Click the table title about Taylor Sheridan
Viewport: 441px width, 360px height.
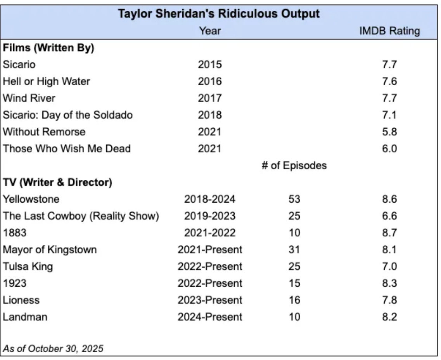coord(219,14)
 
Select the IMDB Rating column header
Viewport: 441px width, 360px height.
coord(389,31)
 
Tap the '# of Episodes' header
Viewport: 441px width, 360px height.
coord(294,166)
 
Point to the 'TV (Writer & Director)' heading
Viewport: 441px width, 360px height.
coord(57,183)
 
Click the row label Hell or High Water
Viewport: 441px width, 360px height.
coord(46,81)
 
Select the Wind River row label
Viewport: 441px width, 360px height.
coord(29,98)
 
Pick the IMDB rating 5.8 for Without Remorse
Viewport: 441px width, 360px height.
coord(389,132)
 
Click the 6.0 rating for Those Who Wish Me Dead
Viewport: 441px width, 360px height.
coord(389,149)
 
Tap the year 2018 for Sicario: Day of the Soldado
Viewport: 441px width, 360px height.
coord(210,115)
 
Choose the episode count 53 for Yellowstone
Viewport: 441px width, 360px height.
coord(294,199)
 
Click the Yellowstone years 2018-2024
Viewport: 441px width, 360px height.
coord(210,199)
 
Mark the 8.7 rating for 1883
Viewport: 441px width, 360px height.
coord(389,233)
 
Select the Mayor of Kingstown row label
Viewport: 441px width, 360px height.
coord(50,250)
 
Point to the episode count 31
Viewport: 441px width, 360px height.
coord(294,250)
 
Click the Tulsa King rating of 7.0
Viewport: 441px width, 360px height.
coord(389,267)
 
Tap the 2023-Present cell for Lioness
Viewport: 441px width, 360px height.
coord(210,300)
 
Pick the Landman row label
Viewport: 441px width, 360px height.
coord(25,317)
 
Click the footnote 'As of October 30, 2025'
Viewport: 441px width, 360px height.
coord(53,348)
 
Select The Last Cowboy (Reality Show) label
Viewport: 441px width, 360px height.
coord(81,216)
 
